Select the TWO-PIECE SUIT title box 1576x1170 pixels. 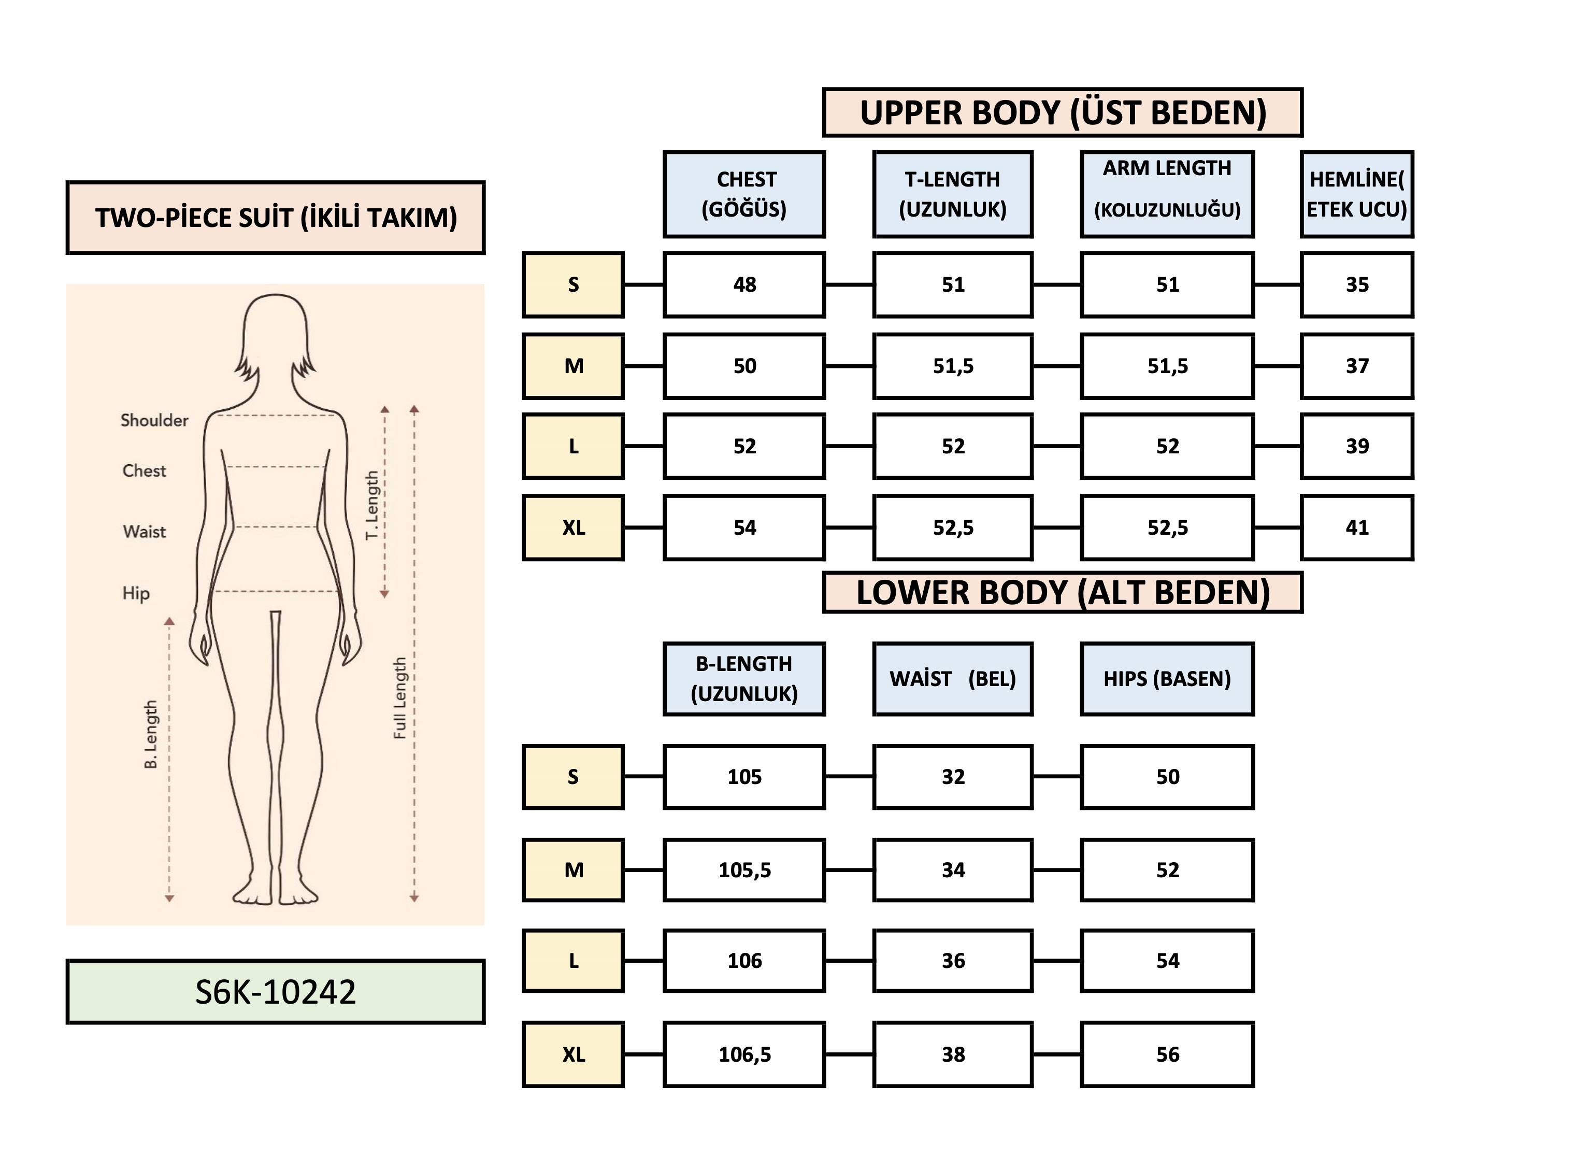tap(276, 218)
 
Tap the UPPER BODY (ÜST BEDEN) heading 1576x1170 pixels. tap(1062, 112)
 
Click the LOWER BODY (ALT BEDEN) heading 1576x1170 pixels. tap(1062, 592)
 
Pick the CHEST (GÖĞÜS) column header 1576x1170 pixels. tap(744, 194)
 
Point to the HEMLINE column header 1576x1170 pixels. tap(1356, 194)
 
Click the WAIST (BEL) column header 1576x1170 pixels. tap(952, 678)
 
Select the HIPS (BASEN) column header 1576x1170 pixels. tap(1167, 678)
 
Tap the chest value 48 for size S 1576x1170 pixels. tap(744, 284)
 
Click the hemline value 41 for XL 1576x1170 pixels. tap(1356, 527)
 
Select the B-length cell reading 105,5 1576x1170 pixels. tap(744, 869)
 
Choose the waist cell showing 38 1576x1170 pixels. tap(952, 1054)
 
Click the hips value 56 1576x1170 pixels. tap(1167, 1054)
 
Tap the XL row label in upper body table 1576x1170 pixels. tap(574, 527)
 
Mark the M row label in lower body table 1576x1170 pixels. tap(574, 869)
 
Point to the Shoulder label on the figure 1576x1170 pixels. tap(154, 420)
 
